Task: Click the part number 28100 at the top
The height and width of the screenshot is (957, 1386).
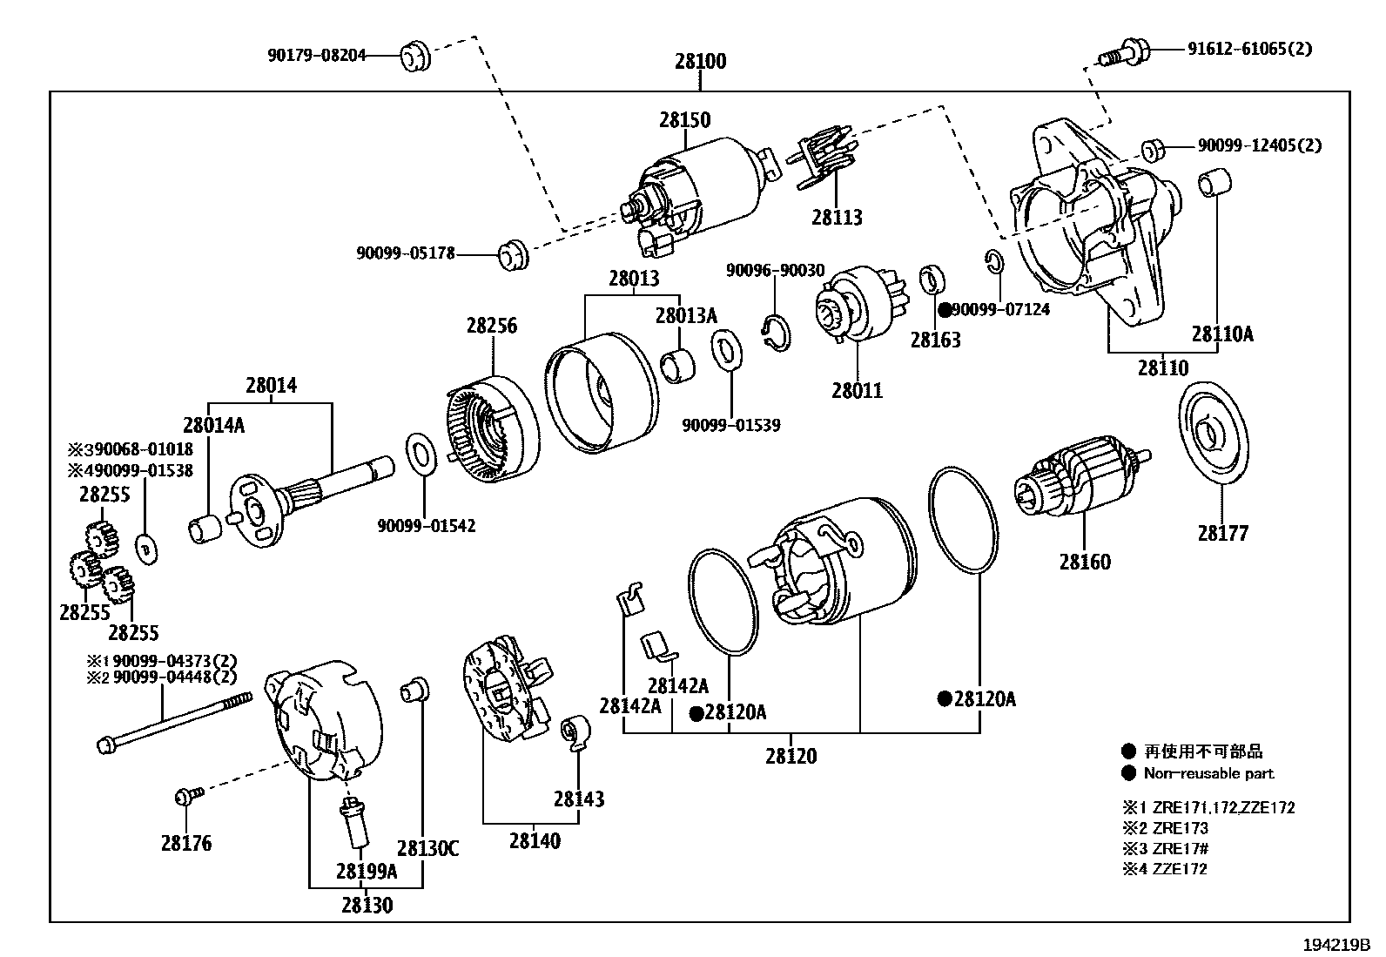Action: (701, 61)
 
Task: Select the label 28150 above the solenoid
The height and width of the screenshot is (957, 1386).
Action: (685, 119)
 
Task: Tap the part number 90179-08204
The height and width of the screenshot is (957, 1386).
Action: (317, 56)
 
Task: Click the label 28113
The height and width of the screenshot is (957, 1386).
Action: (838, 218)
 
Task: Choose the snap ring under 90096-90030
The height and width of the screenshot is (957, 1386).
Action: (776, 333)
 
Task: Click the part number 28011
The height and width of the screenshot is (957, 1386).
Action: (858, 391)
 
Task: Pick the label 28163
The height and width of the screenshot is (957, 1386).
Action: (936, 340)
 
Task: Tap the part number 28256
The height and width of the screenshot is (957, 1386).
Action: (492, 326)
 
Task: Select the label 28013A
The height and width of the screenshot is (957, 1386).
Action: (686, 316)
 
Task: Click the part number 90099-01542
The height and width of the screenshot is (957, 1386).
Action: (427, 526)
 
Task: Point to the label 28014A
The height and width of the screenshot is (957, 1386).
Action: (214, 425)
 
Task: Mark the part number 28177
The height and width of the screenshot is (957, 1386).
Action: (1223, 534)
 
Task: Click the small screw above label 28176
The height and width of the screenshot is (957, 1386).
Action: (189, 795)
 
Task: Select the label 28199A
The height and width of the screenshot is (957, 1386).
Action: (367, 872)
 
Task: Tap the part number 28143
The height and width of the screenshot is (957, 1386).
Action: (579, 799)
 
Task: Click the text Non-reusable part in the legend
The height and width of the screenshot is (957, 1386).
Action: (1209, 774)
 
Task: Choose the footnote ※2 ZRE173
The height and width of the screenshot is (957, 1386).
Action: (1165, 828)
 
